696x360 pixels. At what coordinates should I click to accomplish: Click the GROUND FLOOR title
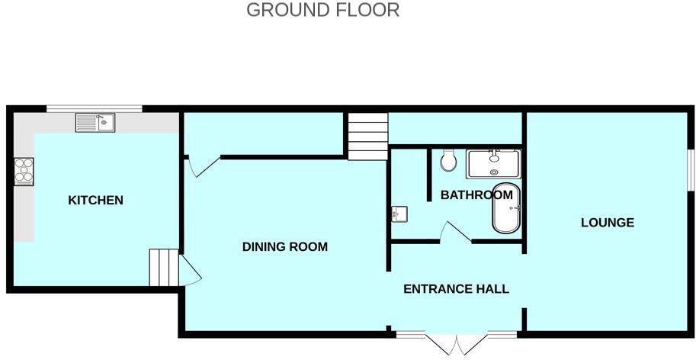[x=323, y=10]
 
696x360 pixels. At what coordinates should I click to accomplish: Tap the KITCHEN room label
[x=96, y=201]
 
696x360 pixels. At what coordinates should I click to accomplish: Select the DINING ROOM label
[x=284, y=246]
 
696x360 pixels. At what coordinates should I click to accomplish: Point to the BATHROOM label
[x=476, y=195]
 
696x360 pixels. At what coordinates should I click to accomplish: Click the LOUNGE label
[x=608, y=223]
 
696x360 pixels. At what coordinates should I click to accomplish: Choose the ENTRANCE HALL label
[x=456, y=289]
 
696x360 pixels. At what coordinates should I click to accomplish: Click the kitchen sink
[x=95, y=122]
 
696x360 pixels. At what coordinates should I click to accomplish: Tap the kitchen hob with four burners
[x=24, y=171]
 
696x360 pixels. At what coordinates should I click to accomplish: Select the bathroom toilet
[x=448, y=160]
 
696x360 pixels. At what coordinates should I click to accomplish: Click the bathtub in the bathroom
[x=505, y=208]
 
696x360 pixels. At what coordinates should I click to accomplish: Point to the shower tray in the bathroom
[x=493, y=164]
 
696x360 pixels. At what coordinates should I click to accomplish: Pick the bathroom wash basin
[x=400, y=214]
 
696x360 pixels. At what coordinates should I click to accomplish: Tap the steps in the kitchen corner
[x=163, y=267]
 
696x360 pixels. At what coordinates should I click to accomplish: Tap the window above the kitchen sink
[x=94, y=108]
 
